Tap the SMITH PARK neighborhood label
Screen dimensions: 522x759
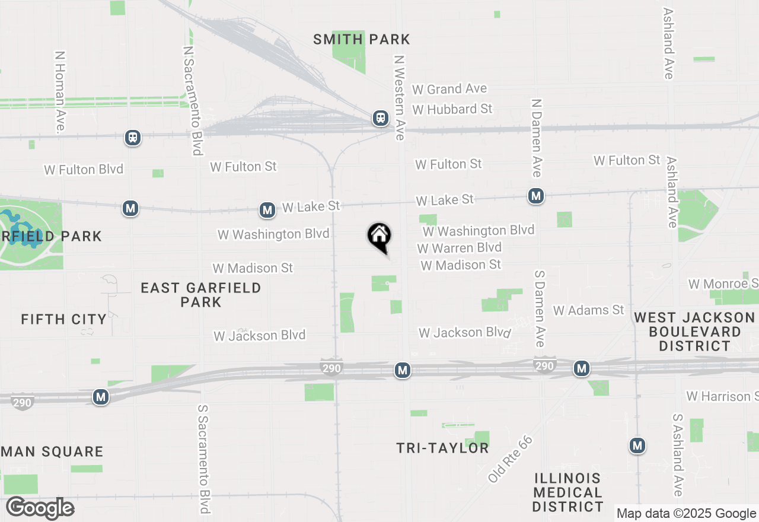click(362, 40)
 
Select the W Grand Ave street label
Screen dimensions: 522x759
click(449, 89)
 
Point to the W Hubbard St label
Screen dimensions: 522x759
click(452, 109)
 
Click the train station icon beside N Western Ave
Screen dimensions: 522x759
click(380, 118)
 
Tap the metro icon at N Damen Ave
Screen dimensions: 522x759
click(536, 195)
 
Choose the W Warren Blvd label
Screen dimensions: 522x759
click(459, 247)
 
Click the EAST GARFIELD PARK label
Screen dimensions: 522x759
click(201, 295)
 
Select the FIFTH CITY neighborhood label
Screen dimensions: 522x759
click(64, 319)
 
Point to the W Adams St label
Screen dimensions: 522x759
click(588, 310)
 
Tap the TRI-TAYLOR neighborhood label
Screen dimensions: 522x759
click(443, 448)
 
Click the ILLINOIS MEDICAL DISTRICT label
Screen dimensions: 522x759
click(567, 492)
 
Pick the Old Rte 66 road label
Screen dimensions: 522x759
click(511, 459)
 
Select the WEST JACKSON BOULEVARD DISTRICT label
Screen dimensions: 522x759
click(694, 332)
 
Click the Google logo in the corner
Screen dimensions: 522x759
click(40, 508)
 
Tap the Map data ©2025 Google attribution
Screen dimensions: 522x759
click(686, 514)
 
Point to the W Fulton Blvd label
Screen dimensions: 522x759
click(84, 170)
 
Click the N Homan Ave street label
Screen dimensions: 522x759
click(60, 91)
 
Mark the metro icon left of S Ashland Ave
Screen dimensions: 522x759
click(637, 445)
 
